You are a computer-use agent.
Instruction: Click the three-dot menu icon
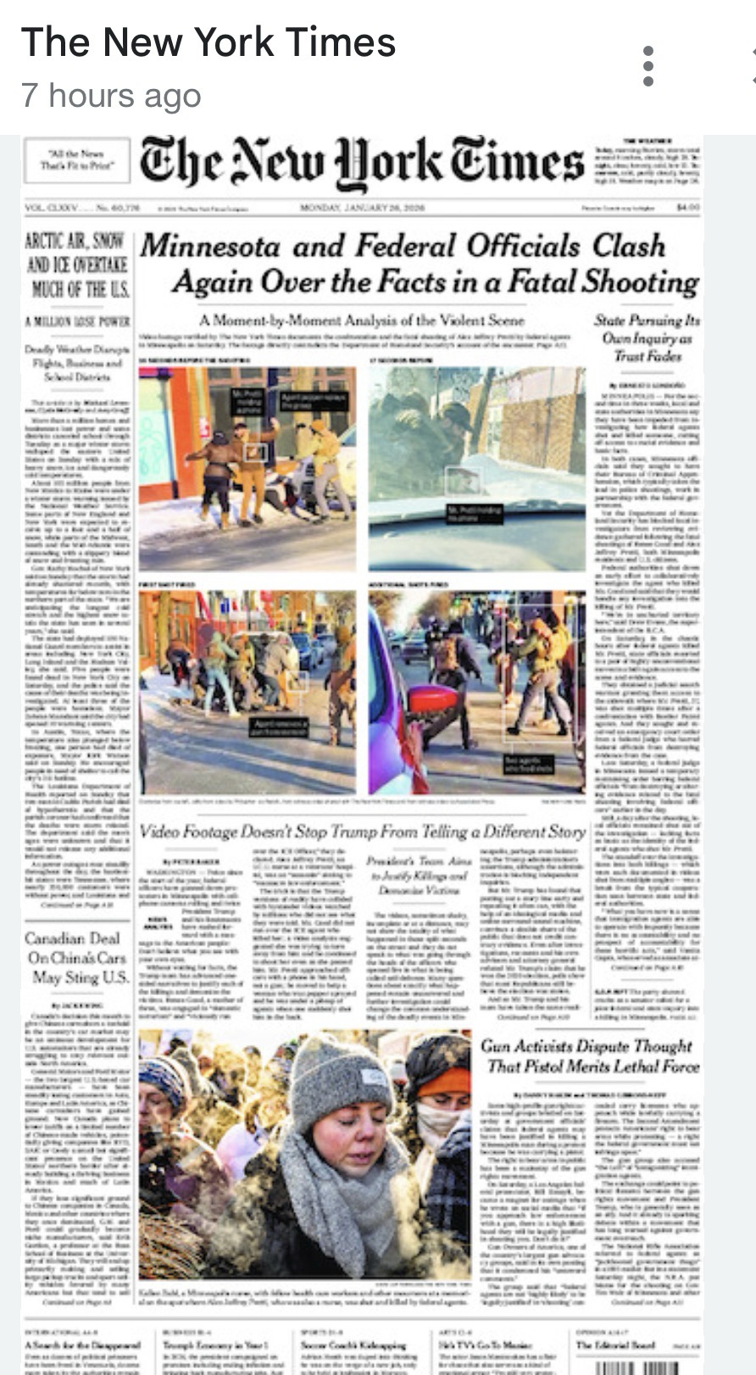[x=648, y=66]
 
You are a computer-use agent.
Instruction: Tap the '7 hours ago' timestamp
[x=111, y=96]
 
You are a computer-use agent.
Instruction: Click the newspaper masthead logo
[x=362, y=164]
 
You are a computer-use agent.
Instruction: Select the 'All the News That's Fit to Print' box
[x=76, y=160]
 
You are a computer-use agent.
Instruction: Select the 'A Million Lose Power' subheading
[x=77, y=321]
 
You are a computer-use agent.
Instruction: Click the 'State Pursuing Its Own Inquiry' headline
[x=647, y=338]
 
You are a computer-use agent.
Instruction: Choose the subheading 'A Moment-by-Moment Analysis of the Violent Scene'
[x=362, y=320]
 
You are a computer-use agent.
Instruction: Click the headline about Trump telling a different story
[x=362, y=832]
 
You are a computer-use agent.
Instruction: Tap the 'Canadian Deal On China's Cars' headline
[x=77, y=958]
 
